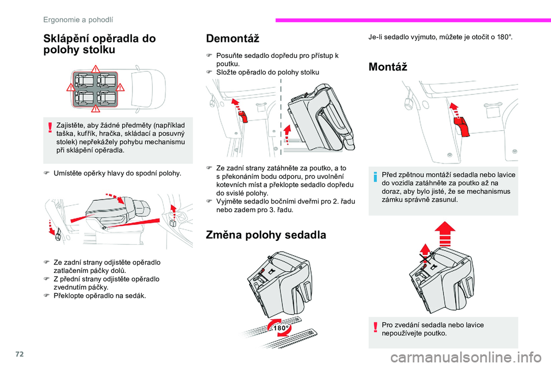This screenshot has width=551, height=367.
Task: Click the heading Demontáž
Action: point(232,39)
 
